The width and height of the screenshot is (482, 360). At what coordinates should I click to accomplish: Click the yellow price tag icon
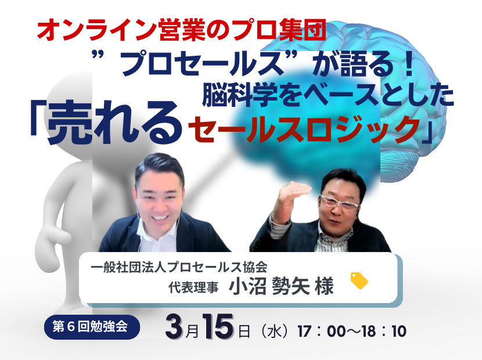(359, 280)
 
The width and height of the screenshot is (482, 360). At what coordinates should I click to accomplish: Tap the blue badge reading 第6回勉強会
(91, 327)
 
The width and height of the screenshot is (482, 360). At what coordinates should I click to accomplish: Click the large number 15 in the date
(219, 326)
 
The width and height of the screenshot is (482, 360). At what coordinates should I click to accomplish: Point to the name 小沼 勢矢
(269, 286)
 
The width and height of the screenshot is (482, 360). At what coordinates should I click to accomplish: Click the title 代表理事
(193, 287)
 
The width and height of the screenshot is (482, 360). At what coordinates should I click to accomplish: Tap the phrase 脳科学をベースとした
(328, 95)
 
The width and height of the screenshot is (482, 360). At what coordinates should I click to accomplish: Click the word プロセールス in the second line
(202, 64)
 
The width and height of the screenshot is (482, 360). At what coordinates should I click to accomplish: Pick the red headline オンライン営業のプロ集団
(181, 30)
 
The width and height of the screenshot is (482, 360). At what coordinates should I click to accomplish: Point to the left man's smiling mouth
(160, 218)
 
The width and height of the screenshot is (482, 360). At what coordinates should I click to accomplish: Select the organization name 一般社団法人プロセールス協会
(179, 267)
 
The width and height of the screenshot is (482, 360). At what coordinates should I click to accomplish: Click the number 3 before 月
(175, 327)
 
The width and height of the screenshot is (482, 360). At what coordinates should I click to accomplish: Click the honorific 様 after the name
(324, 286)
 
